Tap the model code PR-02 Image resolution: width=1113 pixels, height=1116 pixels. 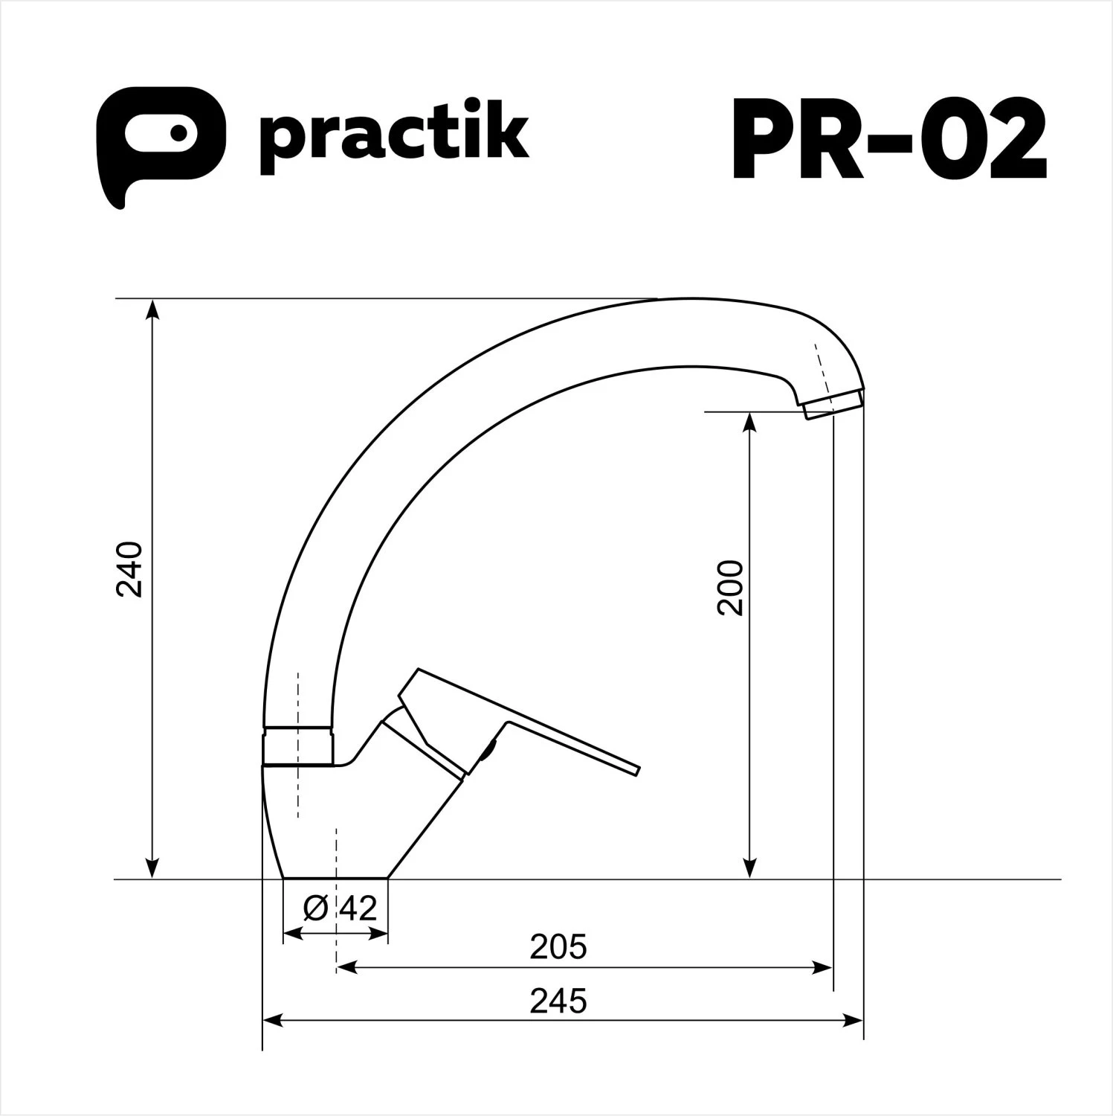pyautogui.click(x=889, y=139)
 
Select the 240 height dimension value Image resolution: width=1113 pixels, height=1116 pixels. pyautogui.click(x=131, y=569)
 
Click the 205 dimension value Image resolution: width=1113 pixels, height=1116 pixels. pyautogui.click(x=558, y=947)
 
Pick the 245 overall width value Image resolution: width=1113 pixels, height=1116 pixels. pyautogui.click(x=558, y=1001)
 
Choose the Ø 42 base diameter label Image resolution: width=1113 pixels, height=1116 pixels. pyautogui.click(x=341, y=908)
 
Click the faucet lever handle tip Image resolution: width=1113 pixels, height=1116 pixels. pyautogui.click(x=632, y=770)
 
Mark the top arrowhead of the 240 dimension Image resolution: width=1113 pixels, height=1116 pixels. pyautogui.click(x=152, y=307)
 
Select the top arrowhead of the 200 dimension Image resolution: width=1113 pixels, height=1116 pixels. pyautogui.click(x=750, y=420)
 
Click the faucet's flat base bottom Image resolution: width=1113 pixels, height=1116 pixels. pyautogui.click(x=336, y=877)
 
